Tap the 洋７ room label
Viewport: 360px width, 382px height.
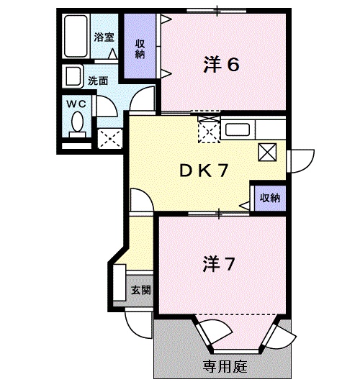218,265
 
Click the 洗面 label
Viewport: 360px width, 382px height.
98,81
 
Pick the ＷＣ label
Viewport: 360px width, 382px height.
76,103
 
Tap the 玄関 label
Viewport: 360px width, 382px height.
140,291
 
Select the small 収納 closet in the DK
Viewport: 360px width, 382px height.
269,196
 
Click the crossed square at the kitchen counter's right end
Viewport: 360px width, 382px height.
267,151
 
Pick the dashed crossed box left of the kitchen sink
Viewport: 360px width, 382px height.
208,130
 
